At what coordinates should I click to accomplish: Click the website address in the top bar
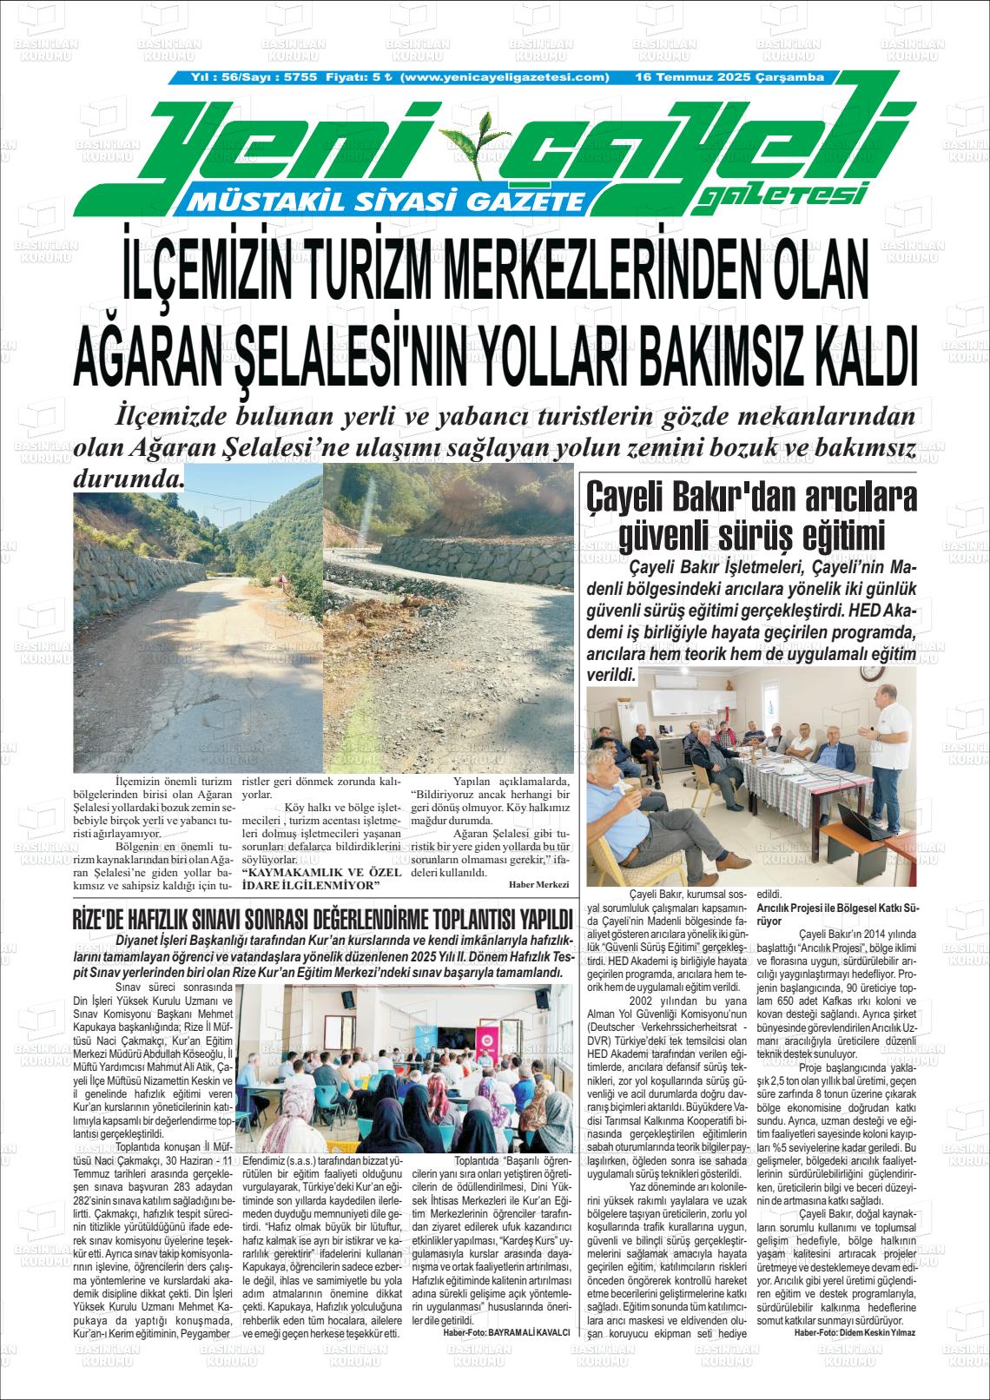click(506, 77)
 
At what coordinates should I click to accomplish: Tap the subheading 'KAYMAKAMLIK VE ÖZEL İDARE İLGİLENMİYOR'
click(320, 879)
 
